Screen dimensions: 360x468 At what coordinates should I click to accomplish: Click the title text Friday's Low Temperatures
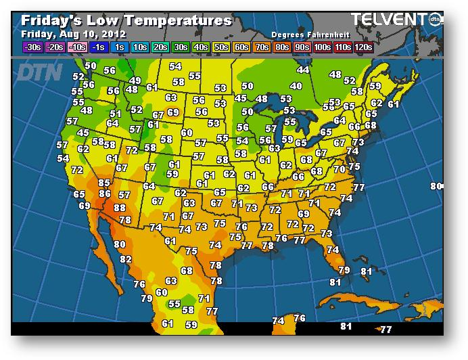pyautogui.click(x=126, y=20)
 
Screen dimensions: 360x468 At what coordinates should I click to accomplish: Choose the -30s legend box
pyautogui.click(x=32, y=47)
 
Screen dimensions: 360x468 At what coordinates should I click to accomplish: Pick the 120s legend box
pyautogui.click(x=363, y=47)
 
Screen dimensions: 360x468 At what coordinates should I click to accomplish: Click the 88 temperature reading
pyautogui.click(x=120, y=208)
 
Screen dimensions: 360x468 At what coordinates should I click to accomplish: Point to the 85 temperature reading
pyautogui.click(x=103, y=183)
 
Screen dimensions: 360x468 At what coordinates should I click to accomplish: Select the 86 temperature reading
pyautogui.click(x=105, y=194)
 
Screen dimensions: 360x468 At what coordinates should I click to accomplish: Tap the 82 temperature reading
pyautogui.click(x=126, y=259)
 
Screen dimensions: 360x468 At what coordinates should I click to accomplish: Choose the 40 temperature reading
pyautogui.click(x=296, y=86)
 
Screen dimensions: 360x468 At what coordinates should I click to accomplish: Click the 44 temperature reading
pyautogui.click(x=303, y=70)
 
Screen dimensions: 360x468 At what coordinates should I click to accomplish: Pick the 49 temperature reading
pyautogui.click(x=135, y=81)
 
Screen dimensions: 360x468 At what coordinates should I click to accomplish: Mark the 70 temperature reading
pyautogui.click(x=339, y=169)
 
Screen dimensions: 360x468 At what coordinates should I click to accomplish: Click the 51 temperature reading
pyautogui.click(x=116, y=114)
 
